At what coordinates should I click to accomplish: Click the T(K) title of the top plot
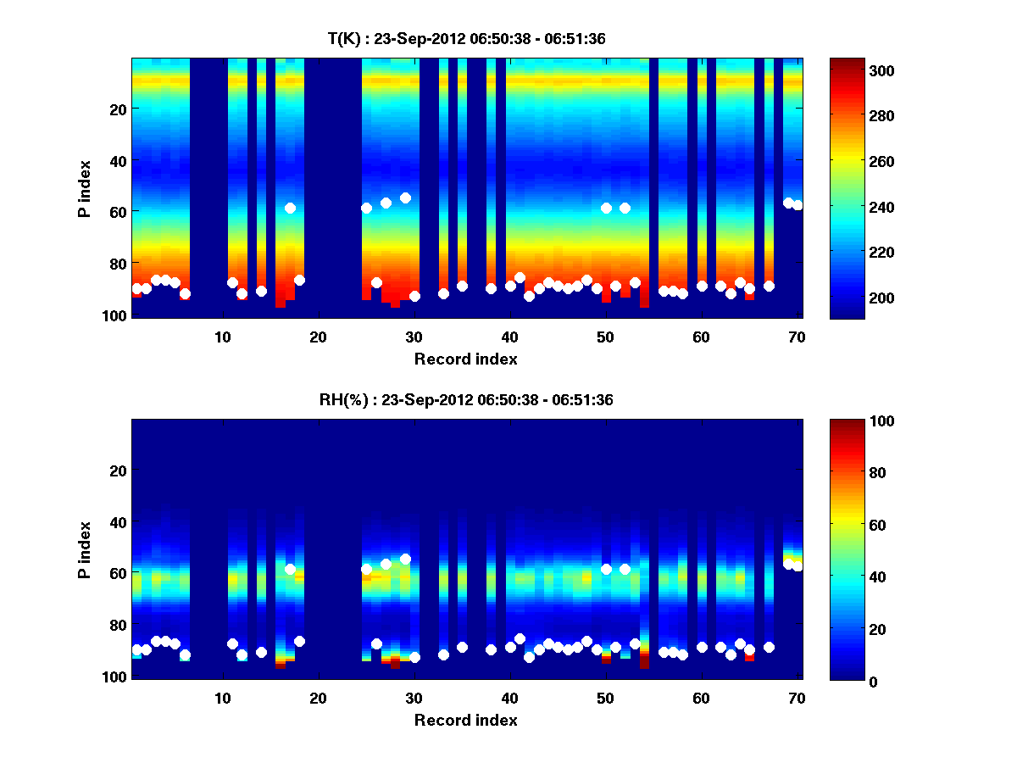tap(465, 38)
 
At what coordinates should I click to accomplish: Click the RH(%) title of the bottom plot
tap(465, 400)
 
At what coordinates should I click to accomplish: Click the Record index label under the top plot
tap(465, 359)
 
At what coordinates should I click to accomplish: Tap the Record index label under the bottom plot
tap(465, 721)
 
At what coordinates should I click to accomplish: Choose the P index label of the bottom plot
tap(85, 549)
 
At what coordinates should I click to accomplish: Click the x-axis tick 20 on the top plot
tap(318, 337)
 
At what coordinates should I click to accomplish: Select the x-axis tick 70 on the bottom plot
tap(797, 699)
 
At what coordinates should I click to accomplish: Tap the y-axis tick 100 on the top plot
tap(115, 315)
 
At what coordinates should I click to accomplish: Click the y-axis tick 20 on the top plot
tap(117, 109)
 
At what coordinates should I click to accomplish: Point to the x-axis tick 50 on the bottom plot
tap(605, 699)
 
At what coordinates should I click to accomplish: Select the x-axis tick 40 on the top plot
tap(509, 337)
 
